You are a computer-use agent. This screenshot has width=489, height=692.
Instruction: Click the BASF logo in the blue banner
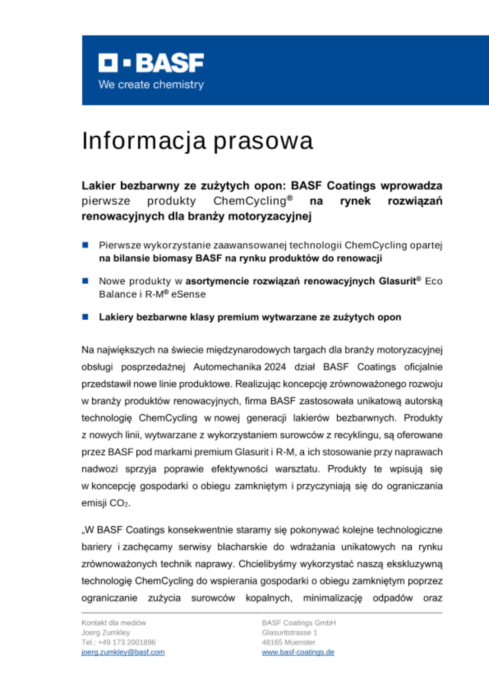tap(151, 63)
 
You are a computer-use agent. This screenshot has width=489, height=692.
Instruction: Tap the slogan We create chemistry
tap(151, 84)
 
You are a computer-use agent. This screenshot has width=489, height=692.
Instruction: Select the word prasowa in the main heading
tap(263, 141)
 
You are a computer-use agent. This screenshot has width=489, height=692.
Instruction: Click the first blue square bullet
tap(85, 245)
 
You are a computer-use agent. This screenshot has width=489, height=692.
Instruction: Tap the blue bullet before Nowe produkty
tap(85, 281)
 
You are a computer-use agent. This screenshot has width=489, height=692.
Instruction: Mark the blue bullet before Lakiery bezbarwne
tap(85, 317)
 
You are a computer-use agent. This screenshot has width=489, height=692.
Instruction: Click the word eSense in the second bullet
tap(189, 294)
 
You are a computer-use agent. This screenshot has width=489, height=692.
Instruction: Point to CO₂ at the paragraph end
tap(119, 503)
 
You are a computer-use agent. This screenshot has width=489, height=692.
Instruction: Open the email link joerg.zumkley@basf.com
tap(123, 652)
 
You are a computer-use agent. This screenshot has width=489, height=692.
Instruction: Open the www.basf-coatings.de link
tap(298, 652)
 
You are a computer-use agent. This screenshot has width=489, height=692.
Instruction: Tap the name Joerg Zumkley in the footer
tap(106, 632)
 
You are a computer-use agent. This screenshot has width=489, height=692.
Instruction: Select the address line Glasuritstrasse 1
tap(289, 632)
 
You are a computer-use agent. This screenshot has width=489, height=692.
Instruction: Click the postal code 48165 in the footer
tap(271, 643)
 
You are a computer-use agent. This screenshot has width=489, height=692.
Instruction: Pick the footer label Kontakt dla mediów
tap(114, 623)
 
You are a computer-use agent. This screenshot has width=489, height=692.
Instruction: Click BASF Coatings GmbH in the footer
tap(299, 623)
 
